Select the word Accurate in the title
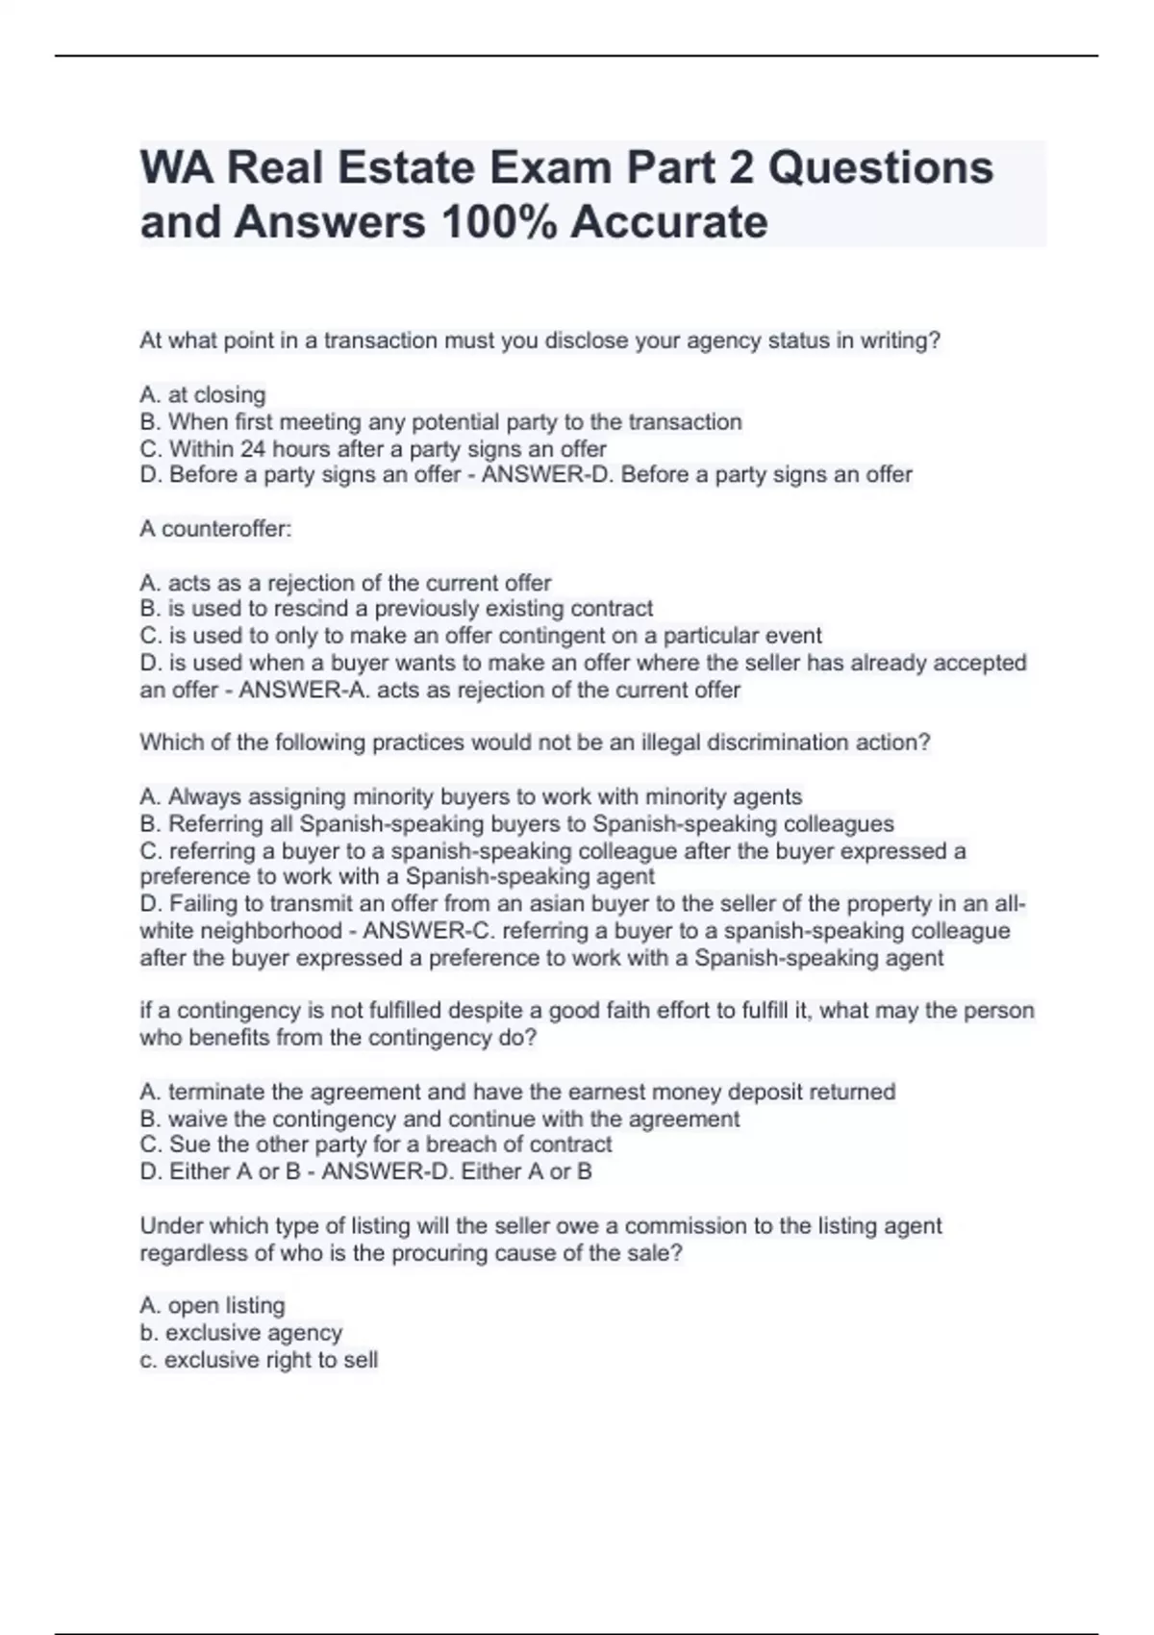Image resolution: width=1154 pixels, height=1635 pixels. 669,222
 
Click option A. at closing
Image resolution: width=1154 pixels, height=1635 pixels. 203,394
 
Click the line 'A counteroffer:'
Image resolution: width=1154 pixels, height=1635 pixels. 215,529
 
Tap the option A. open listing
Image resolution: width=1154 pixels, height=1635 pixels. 213,1305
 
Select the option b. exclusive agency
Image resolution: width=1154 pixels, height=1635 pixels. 240,1333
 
